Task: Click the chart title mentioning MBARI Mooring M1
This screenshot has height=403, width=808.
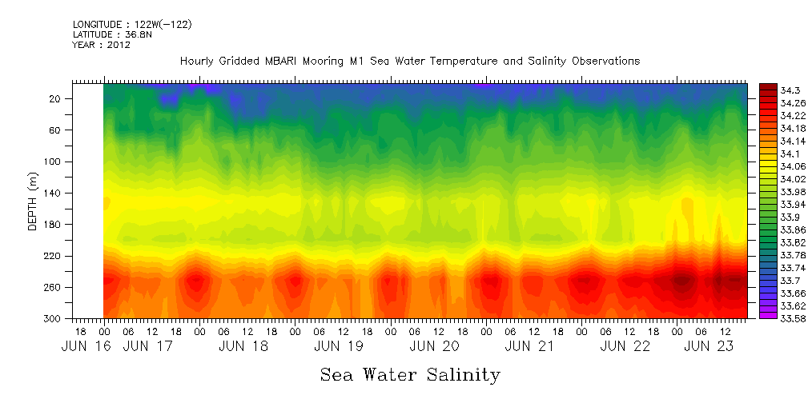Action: point(409,62)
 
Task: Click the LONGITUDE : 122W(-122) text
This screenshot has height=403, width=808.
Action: point(131,25)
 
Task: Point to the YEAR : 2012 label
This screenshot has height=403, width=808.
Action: point(101,46)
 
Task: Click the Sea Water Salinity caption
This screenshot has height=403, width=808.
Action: point(409,374)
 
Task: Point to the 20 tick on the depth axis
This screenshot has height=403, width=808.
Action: point(55,98)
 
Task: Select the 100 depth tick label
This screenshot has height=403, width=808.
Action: point(53,162)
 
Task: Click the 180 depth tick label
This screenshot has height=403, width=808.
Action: point(53,225)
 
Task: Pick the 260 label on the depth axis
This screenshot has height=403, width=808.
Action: point(53,287)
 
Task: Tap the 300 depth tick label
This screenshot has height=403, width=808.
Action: point(53,318)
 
